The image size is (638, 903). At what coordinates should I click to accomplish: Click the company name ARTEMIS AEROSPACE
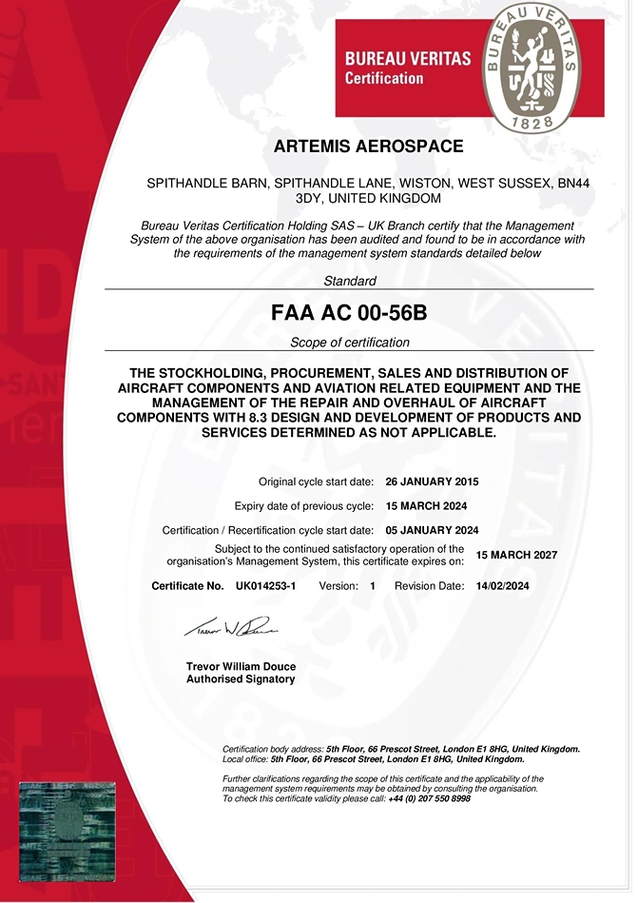point(368,147)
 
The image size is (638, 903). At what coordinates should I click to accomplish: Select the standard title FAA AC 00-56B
point(349,313)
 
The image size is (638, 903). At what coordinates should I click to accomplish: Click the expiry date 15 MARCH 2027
point(516,555)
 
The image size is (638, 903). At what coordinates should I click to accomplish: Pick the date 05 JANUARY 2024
point(432,530)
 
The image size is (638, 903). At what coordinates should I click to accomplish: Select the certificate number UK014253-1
point(265,586)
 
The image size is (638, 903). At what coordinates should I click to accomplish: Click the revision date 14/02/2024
point(502,586)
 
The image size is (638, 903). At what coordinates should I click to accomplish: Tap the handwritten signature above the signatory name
point(229,628)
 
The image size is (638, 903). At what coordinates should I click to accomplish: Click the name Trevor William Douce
point(240,666)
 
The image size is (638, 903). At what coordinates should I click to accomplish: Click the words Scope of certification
point(350,343)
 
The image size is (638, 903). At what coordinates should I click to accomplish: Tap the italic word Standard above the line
point(350,281)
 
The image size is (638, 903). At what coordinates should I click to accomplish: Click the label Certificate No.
point(187,586)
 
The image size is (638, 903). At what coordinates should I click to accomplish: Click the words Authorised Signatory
point(241,679)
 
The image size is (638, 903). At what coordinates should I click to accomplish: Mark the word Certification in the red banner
point(383,77)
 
